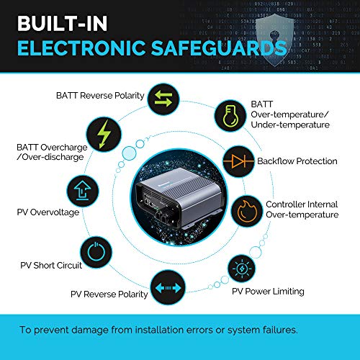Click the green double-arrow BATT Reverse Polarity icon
[x=163, y=99]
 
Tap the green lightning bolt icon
[x=104, y=134]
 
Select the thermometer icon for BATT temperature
[x=230, y=115]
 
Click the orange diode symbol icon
[x=238, y=161]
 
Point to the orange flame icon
[x=247, y=211]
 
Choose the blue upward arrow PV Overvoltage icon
[x=83, y=191]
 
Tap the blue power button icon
[x=96, y=252]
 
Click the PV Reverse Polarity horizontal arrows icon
[x=168, y=287]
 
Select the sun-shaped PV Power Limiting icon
[x=242, y=268]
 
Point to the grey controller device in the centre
[x=179, y=198]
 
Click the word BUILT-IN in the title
[x=62, y=23]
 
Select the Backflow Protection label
[x=297, y=161]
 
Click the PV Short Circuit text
[x=51, y=265]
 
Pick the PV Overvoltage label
[x=48, y=212]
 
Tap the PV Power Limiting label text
[x=268, y=292]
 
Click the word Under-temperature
[x=290, y=125]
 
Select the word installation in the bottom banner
[x=159, y=330]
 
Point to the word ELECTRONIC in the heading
[x=81, y=48]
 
